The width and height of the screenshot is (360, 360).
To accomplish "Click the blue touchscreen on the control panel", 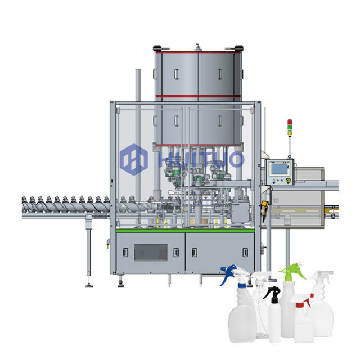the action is [x=279, y=169].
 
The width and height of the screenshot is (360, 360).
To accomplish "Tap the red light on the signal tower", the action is [x=290, y=122].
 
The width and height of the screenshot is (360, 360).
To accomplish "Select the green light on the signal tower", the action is [x=290, y=127].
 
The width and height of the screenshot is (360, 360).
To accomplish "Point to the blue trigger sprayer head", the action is [x=228, y=274].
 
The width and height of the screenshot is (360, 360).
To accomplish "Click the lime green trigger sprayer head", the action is [x=292, y=272].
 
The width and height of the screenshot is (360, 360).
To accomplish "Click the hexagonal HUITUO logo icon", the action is [x=134, y=159].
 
